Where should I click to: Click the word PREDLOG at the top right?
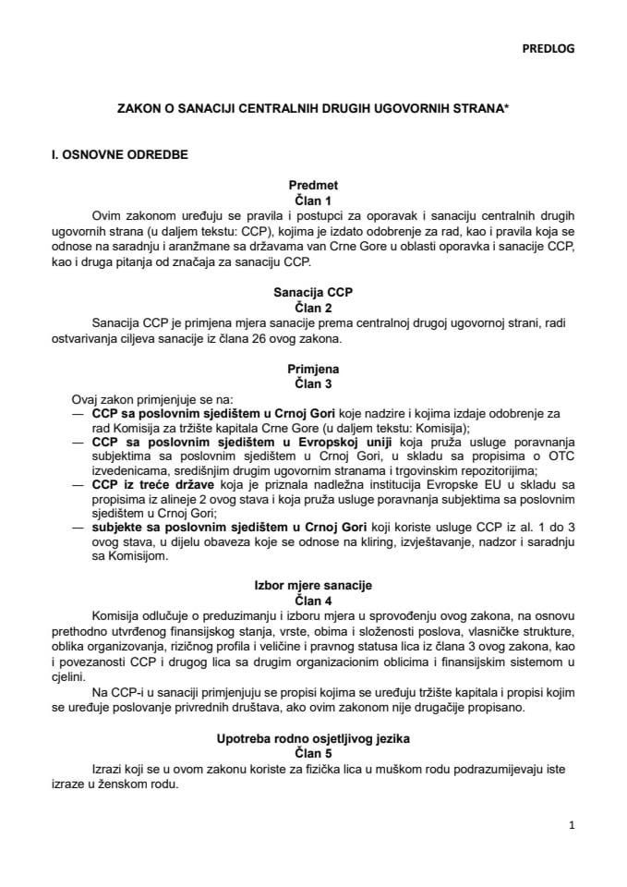tap(548, 49)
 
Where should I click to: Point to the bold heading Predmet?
tap(313, 186)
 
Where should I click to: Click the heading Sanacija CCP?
tap(313, 292)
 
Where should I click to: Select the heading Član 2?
tap(313, 306)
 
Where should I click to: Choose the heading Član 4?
tap(313, 600)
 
